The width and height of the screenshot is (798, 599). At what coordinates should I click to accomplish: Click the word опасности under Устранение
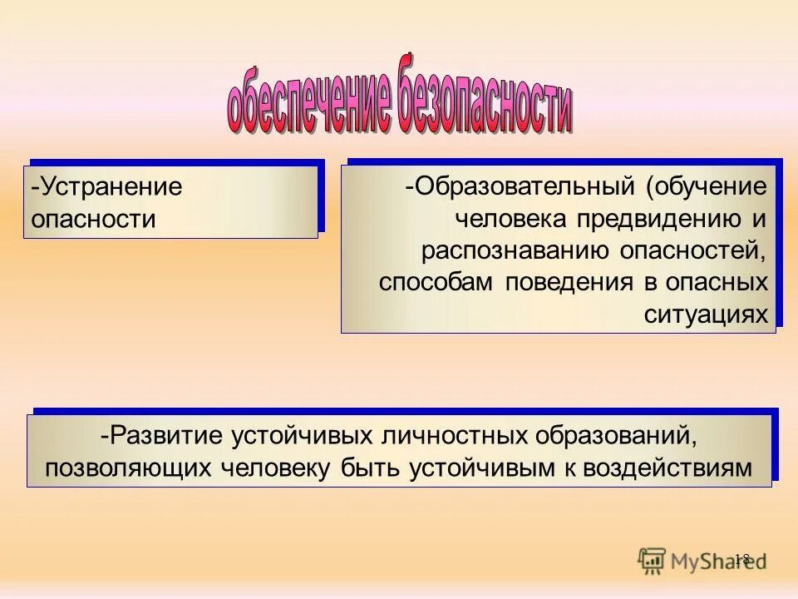[93, 219]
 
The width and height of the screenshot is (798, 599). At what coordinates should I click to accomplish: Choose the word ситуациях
[706, 314]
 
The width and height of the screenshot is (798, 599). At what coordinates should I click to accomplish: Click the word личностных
[441, 435]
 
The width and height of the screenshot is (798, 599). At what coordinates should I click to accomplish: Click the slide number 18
[742, 559]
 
